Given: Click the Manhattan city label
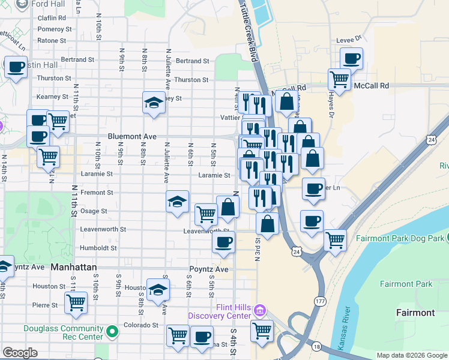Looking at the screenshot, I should tap(74, 266).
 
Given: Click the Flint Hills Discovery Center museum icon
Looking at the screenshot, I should tap(259, 309).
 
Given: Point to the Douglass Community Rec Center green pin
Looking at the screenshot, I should tap(112, 331).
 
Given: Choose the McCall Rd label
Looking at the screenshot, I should tap(371, 86).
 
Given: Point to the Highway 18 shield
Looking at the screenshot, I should tap(317, 346).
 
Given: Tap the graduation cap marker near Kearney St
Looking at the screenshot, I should tap(154, 103).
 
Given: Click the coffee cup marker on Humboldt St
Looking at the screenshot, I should tap(223, 242).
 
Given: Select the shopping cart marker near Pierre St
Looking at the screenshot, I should tap(76, 302).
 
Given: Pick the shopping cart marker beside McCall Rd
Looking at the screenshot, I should tap(339, 79).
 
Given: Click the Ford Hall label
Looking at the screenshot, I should tap(49, 4).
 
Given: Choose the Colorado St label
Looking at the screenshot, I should tap(141, 325).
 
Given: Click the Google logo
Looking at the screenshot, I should tap(20, 353).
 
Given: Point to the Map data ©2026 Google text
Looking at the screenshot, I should tap(411, 355).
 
